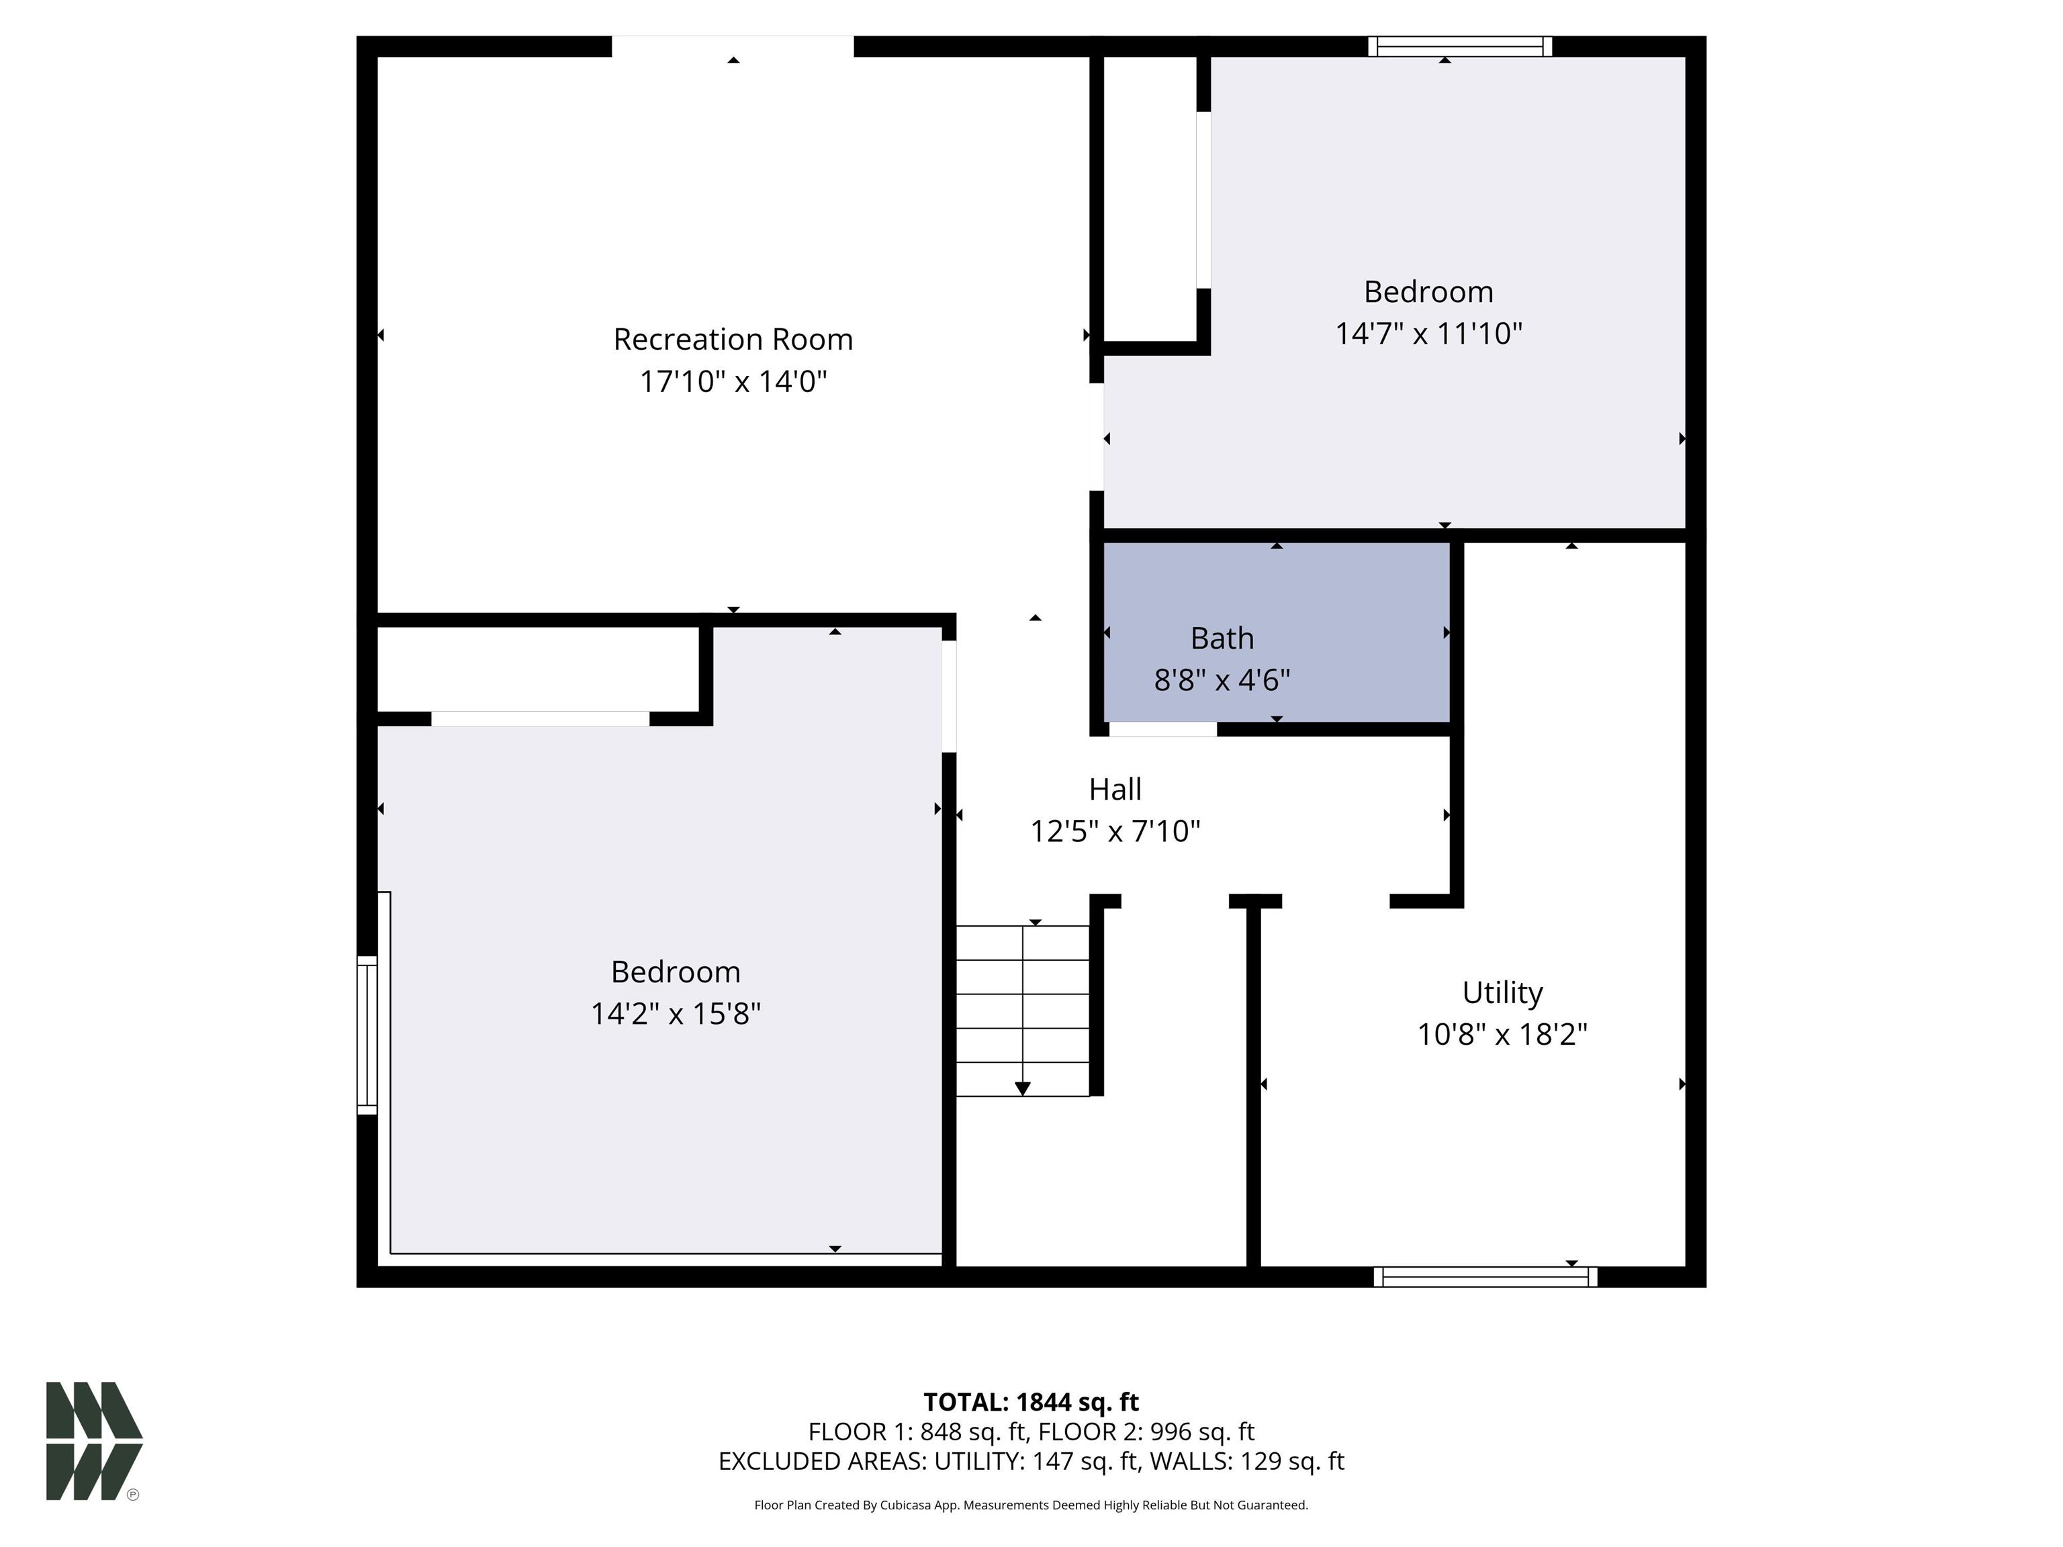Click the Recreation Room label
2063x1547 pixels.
coord(733,340)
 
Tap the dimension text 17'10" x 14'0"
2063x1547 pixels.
coord(733,381)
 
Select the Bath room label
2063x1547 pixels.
coord(1222,639)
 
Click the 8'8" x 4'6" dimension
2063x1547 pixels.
coord(1222,679)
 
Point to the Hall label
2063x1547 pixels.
coord(1115,790)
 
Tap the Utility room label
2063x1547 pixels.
coord(1502,992)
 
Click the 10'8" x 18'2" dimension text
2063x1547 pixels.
coord(1502,1034)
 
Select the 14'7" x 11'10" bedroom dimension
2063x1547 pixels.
coord(1428,334)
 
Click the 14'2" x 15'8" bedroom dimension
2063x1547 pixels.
coord(675,1014)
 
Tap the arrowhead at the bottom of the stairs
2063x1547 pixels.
coord(1022,1088)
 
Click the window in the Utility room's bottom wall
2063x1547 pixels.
coord(1485,1276)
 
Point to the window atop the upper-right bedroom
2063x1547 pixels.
coord(1459,46)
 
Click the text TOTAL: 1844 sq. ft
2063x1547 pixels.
coord(1031,1401)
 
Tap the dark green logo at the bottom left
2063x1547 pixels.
coord(93,1441)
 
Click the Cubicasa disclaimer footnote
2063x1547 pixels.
coord(1031,1504)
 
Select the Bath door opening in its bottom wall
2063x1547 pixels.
coord(1162,729)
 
